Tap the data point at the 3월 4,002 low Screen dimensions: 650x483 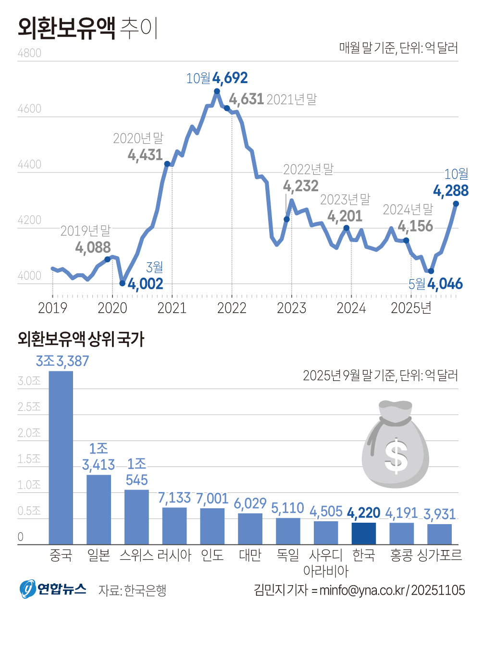click(x=123, y=283)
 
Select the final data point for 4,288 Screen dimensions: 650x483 click(x=456, y=204)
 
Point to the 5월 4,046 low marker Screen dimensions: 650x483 click(x=431, y=271)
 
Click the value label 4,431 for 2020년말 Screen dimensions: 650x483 click(x=145, y=155)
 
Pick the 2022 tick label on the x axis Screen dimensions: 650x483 click(x=232, y=308)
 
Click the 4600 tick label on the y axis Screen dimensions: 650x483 click(x=29, y=109)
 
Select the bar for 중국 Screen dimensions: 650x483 click(x=61, y=457)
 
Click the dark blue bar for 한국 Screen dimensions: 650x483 click(x=364, y=533)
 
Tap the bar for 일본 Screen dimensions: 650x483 click(x=99, y=509)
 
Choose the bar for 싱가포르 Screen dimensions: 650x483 click(x=439, y=534)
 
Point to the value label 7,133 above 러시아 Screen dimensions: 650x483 click(x=174, y=498)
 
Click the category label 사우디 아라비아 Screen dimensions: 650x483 click(x=326, y=563)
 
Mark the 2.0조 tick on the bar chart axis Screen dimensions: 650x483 click(x=29, y=433)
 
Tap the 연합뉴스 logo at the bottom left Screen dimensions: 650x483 click(x=53, y=589)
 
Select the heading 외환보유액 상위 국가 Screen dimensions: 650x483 click(x=81, y=339)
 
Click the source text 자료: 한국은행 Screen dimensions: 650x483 click(x=132, y=590)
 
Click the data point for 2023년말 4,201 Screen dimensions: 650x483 click(x=347, y=228)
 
